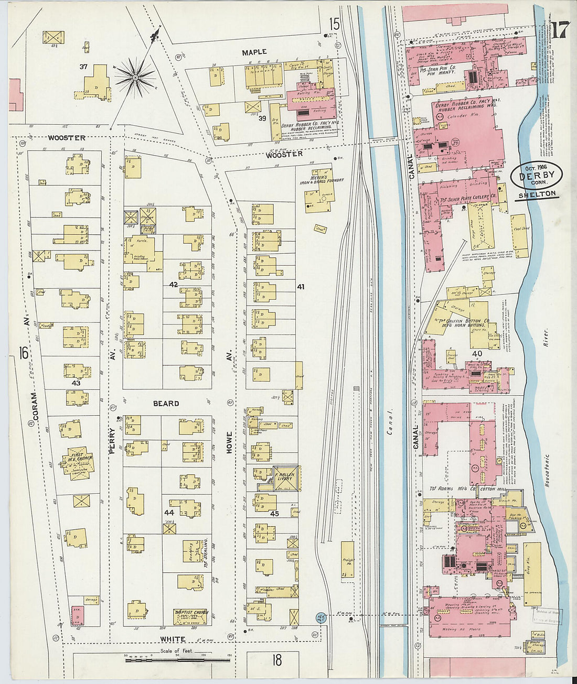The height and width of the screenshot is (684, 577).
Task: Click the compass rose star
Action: click(x=135, y=78)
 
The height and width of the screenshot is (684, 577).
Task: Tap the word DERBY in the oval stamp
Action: click(x=536, y=176)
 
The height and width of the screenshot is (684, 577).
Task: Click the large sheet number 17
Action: click(x=559, y=31)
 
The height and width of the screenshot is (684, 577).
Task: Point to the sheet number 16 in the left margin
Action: click(x=23, y=353)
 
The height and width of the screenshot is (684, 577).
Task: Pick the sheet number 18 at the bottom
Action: click(x=277, y=660)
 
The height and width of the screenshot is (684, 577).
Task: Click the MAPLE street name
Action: click(x=254, y=52)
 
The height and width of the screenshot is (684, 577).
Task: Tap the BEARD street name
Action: click(x=166, y=404)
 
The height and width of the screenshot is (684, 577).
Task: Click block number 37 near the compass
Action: click(x=83, y=67)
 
